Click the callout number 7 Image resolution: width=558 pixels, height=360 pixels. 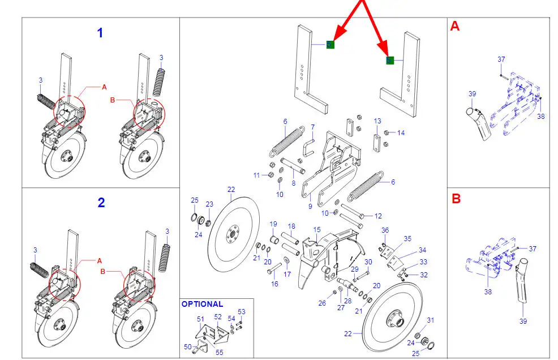pos(312,127)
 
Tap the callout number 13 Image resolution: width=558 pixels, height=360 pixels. pos(377,121)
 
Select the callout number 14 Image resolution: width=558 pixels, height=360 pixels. pos(401,133)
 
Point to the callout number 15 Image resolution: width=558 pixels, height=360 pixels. pos(317,230)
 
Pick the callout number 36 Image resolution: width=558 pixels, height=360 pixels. pos(385,230)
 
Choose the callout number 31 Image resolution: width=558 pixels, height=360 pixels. pos(430,320)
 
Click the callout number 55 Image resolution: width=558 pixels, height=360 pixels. pos(220,353)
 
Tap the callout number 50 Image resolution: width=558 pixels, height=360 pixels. pos(188,346)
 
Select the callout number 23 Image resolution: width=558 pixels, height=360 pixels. pos(209,204)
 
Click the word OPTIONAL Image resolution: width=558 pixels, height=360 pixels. pos(202,304)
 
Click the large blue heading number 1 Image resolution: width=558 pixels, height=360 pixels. pos(100,33)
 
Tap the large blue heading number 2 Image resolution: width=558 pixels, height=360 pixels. pos(101,203)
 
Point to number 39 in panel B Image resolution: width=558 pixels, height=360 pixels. pos(523,322)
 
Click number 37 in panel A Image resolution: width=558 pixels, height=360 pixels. pos(501,59)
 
